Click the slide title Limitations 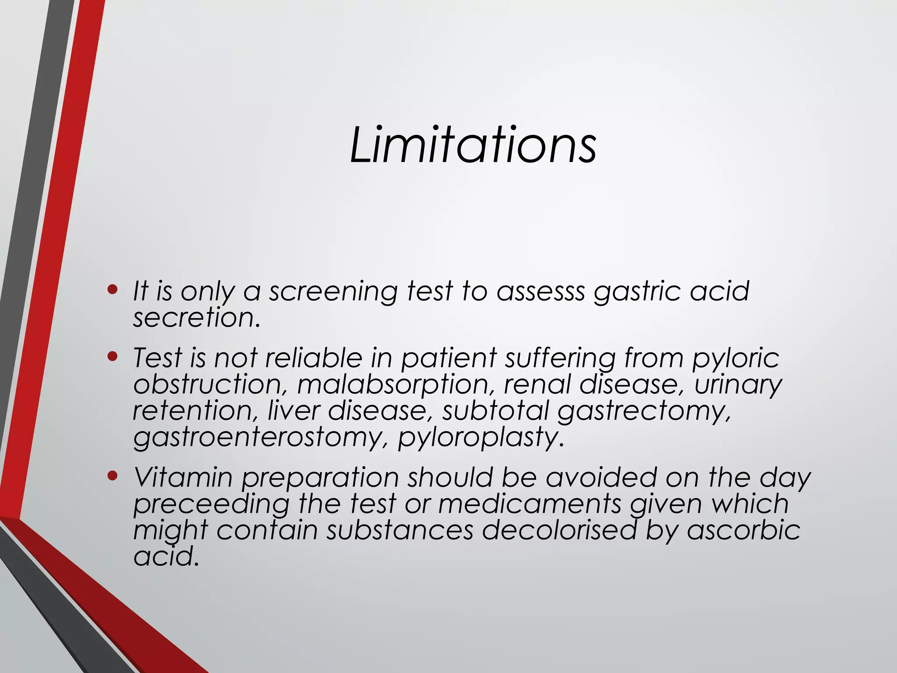[x=473, y=145]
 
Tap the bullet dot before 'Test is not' [x=113, y=356]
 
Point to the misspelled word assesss [x=540, y=291]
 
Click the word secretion [x=197, y=317]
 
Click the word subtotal [x=495, y=411]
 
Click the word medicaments [x=530, y=503]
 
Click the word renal [x=537, y=385]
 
